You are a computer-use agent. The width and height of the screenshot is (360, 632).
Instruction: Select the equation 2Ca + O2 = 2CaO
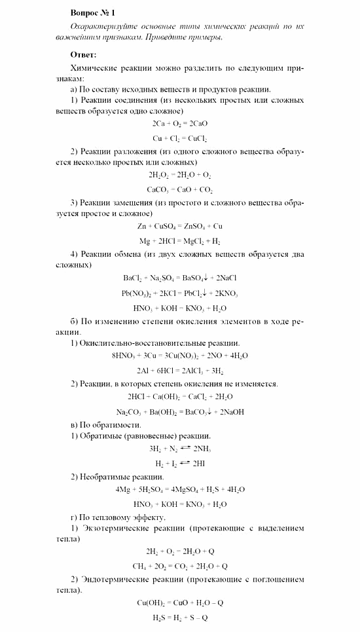[179, 123]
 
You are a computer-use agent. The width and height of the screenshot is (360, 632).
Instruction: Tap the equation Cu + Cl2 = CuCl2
[179, 139]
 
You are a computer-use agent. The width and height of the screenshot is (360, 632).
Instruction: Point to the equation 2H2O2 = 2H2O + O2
[179, 175]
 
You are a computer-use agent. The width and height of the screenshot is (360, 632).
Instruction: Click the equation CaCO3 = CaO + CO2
[179, 191]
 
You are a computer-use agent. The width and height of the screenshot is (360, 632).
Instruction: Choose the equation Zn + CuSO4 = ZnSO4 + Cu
[179, 227]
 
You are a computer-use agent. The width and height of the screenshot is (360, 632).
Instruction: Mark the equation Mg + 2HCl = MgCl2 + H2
[179, 242]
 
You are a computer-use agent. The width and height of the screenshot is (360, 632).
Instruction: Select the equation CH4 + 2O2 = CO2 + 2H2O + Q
[179, 567]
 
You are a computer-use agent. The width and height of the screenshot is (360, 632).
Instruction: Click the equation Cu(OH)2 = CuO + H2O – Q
[179, 603]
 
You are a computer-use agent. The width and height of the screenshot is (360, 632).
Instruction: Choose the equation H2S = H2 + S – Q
[179, 618]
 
